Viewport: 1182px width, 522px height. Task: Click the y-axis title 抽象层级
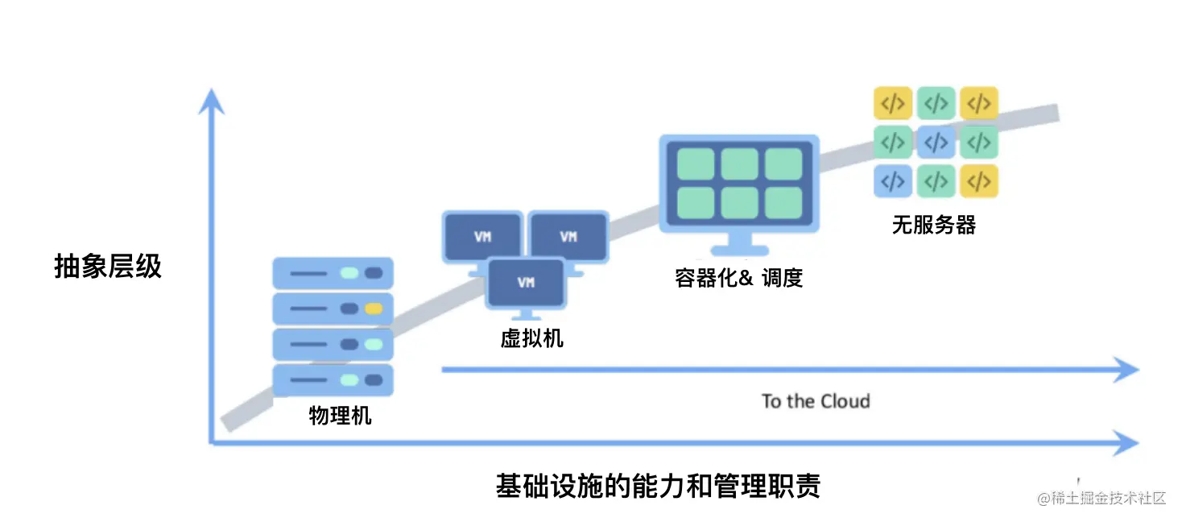(108, 266)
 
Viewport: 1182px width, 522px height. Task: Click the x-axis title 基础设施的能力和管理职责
(658, 487)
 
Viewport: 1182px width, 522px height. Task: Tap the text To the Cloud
(816, 401)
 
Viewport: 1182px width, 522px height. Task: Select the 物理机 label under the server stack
(340, 415)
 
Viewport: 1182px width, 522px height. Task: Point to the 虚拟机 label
(531, 338)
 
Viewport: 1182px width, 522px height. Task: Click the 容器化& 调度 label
(738, 278)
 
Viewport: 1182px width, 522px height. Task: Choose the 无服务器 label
(933, 225)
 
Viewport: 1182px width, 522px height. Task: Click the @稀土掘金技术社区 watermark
(1101, 498)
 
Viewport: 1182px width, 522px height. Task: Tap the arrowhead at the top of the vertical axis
(211, 101)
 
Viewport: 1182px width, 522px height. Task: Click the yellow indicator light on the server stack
(373, 309)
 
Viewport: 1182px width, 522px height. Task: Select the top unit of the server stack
(333, 273)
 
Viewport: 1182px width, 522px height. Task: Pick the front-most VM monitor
(526, 283)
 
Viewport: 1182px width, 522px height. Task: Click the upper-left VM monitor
(482, 236)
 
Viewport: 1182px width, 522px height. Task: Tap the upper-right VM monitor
(568, 236)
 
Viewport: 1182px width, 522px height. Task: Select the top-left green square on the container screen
(696, 164)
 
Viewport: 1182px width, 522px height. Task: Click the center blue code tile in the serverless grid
(936, 143)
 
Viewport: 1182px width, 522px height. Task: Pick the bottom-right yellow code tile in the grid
(979, 181)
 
